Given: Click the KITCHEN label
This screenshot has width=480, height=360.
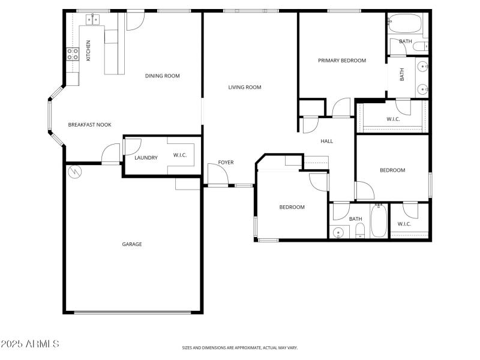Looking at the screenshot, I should tap(88, 50).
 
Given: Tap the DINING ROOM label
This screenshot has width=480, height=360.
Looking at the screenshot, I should tap(162, 76).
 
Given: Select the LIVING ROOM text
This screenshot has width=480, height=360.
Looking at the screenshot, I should tap(245, 88).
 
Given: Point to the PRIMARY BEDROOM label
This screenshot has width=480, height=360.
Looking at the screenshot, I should tap(342, 60).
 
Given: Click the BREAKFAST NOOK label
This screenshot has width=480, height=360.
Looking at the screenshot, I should tap(89, 125).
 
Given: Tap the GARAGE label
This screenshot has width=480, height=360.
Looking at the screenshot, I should tap(132, 244).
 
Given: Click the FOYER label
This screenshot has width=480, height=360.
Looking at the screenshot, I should tap(226, 163).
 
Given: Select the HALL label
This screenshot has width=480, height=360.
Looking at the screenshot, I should tap(326, 142).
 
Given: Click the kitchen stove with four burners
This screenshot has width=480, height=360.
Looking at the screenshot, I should tap(73, 55).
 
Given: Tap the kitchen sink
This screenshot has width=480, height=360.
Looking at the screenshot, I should tap(92, 20).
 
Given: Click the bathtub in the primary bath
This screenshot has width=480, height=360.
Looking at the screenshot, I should tap(405, 24).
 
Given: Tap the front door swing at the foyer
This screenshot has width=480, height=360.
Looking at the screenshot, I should tap(217, 175).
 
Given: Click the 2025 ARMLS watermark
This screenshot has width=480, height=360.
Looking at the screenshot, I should tap(30, 344).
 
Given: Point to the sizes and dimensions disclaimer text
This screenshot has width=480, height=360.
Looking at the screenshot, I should tap(240, 347).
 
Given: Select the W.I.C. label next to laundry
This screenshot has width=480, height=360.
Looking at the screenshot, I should tap(180, 156).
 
